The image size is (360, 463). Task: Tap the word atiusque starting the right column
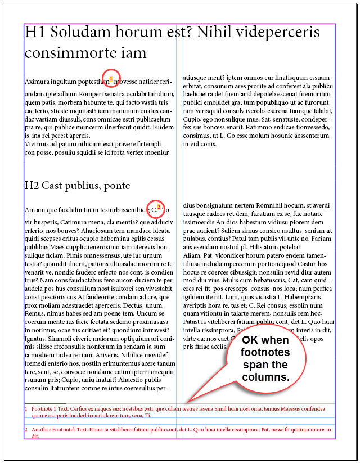tap(197, 78)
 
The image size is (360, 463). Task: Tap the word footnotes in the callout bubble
tap(266, 353)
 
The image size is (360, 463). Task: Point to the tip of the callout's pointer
tap(189, 402)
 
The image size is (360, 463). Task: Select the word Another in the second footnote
tap(42, 429)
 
